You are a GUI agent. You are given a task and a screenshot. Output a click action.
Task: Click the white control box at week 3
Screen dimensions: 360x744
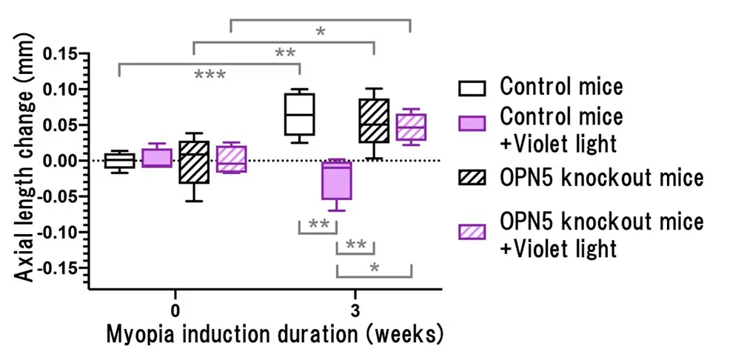pos(300,114)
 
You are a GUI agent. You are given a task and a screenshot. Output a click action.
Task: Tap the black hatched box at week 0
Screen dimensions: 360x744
pos(193,161)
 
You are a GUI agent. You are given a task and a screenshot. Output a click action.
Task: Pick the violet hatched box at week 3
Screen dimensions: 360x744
pos(411,127)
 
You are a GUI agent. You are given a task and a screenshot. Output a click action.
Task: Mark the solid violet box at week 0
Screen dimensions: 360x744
pos(157,158)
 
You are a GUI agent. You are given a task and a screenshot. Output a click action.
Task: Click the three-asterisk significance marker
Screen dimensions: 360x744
pos(210,76)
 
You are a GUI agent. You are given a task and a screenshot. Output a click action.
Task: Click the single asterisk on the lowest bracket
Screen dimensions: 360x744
pos(374,267)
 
